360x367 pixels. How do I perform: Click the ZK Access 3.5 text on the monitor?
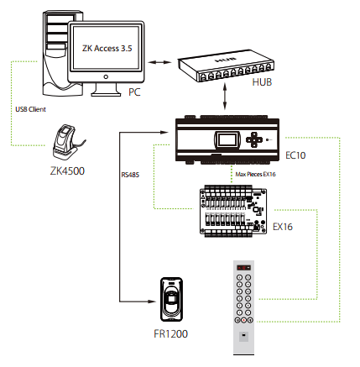(x=107, y=49)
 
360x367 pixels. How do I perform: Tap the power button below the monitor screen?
(x=106, y=76)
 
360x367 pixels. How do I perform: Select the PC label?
(x=134, y=92)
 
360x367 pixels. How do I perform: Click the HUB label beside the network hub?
(x=262, y=82)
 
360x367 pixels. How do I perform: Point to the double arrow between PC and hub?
(x=159, y=62)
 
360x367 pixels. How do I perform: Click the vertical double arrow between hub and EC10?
(x=225, y=97)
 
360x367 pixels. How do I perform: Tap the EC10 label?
(x=295, y=155)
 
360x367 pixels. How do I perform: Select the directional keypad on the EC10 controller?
(x=254, y=139)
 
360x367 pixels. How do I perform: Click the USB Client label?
(x=30, y=109)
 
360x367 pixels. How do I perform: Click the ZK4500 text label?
(x=67, y=170)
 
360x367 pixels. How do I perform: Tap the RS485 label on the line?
(x=130, y=175)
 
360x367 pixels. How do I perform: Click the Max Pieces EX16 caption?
(x=255, y=174)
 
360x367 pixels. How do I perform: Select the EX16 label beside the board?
(x=283, y=227)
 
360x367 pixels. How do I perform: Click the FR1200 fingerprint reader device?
(x=171, y=299)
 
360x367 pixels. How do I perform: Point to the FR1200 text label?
(x=170, y=333)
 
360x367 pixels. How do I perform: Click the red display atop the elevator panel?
(x=243, y=268)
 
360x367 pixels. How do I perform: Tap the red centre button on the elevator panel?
(x=244, y=320)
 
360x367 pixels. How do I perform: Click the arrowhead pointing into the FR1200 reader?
(x=152, y=301)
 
